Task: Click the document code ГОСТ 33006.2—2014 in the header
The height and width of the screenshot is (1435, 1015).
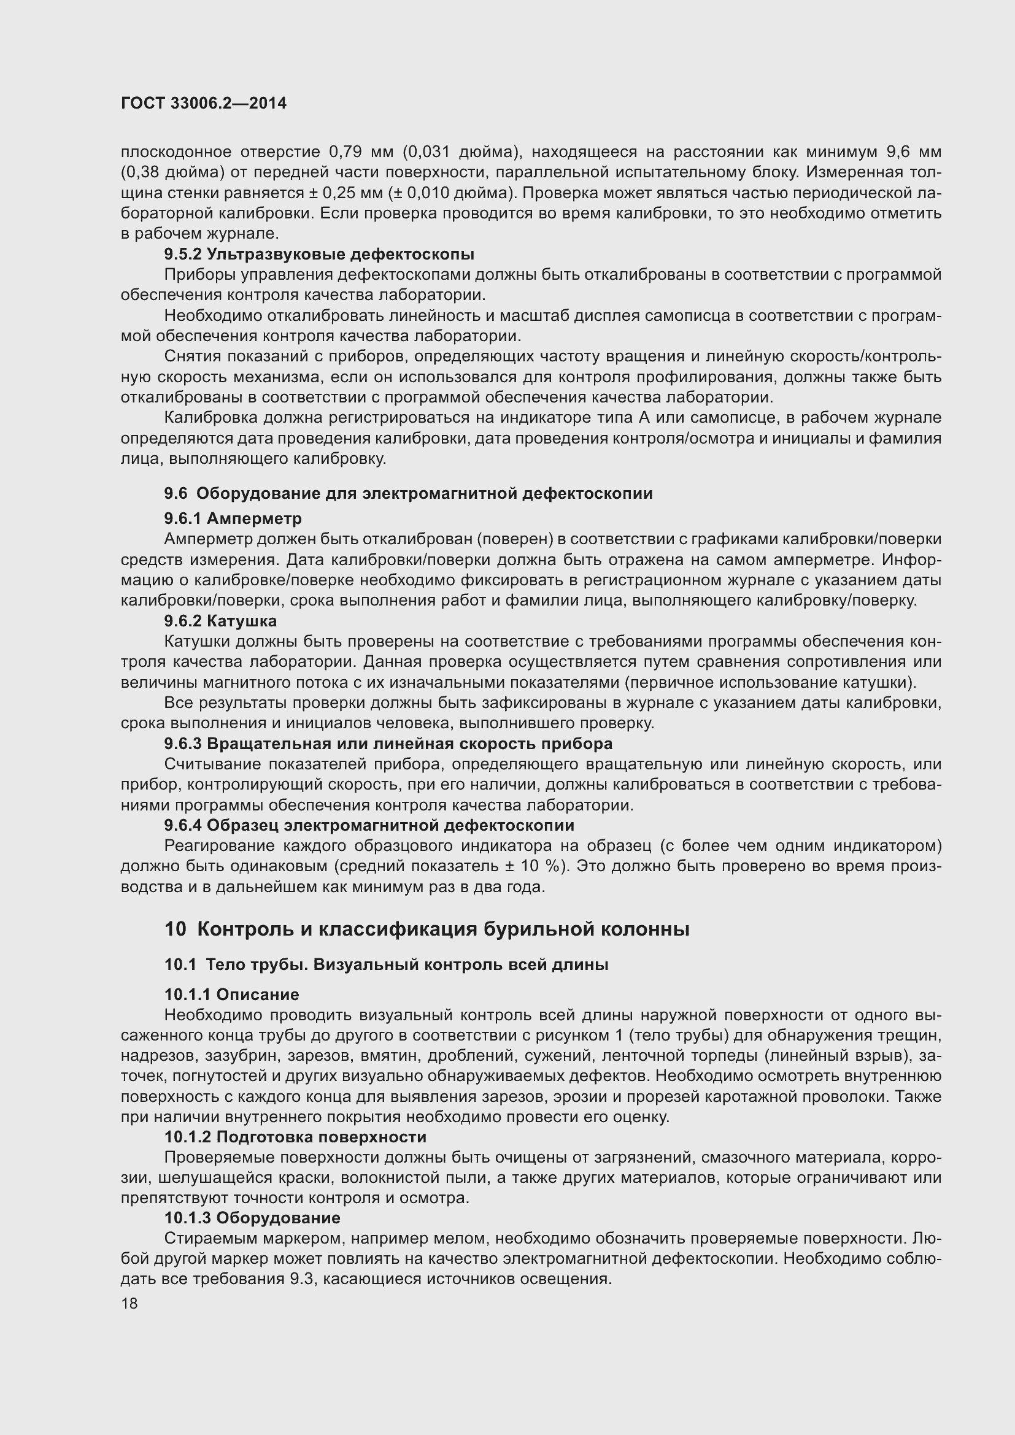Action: pos(204,104)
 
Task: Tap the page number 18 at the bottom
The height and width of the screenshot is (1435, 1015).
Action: pos(129,1303)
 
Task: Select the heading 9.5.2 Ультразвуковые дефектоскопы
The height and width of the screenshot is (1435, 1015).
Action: pos(318,255)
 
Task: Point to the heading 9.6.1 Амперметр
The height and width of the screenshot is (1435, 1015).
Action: pos(233,518)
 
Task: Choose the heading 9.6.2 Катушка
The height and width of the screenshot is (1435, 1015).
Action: pos(220,621)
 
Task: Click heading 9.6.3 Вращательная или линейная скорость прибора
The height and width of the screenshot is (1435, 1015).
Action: pos(388,744)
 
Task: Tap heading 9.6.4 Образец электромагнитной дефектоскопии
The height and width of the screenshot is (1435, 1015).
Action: pos(369,825)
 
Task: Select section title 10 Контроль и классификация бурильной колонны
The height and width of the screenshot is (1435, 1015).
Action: pos(426,929)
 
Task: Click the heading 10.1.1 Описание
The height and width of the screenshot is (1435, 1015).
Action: pos(231,994)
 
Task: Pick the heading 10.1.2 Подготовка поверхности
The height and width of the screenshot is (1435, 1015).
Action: pos(295,1137)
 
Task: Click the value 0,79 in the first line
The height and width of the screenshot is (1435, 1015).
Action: pos(342,152)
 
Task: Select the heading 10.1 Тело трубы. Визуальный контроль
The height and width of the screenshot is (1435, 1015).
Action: pos(386,964)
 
